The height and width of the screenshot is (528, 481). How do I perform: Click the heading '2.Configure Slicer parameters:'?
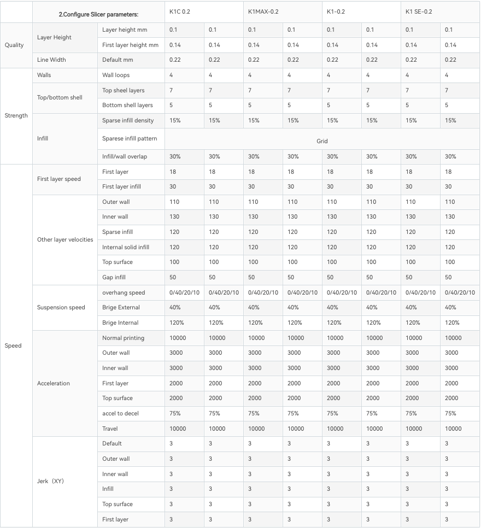pyautogui.click(x=98, y=14)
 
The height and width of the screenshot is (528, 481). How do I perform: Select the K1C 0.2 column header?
pyautogui.click(x=180, y=11)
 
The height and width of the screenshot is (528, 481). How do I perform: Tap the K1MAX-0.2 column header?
pyautogui.click(x=263, y=11)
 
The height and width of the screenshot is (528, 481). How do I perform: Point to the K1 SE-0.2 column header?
pyautogui.click(x=419, y=11)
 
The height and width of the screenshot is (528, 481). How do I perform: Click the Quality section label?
pyautogui.click(x=14, y=45)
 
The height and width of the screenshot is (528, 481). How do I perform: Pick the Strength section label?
pyautogui.click(x=16, y=115)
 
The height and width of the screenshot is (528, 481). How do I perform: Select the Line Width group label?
pyautogui.click(x=51, y=60)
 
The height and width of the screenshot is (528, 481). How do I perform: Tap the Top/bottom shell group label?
pyautogui.click(x=60, y=98)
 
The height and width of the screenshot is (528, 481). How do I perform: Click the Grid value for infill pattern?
pyautogui.click(x=322, y=141)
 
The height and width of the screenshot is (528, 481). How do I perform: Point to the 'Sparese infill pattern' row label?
pyautogui.click(x=130, y=138)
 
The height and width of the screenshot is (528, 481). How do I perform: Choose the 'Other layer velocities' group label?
pyautogui.click(x=65, y=239)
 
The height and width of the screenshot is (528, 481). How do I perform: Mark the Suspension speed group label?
pyautogui.click(x=61, y=307)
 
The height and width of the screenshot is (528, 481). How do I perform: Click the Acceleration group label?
pyautogui.click(x=54, y=383)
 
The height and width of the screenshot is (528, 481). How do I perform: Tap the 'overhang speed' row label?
pyautogui.click(x=124, y=292)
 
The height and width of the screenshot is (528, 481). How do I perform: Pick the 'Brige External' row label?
pyautogui.click(x=121, y=307)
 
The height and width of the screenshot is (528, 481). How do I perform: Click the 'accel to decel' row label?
pyautogui.click(x=120, y=413)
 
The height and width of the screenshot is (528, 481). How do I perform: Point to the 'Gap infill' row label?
pyautogui.click(x=114, y=277)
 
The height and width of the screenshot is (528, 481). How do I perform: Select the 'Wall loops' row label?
pyautogui.click(x=116, y=75)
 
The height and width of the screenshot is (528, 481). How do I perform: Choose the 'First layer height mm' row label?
pyautogui.click(x=130, y=45)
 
